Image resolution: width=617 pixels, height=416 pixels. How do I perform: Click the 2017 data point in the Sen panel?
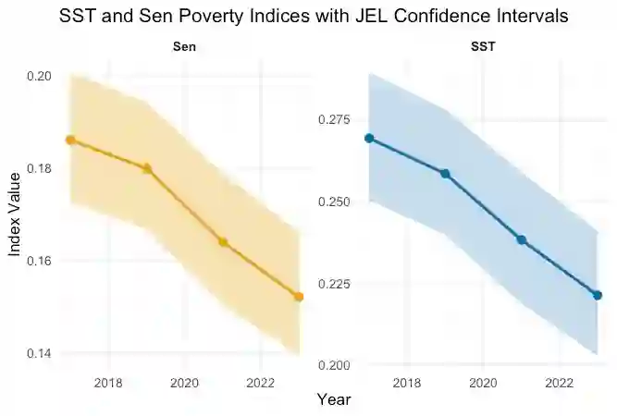click(x=70, y=140)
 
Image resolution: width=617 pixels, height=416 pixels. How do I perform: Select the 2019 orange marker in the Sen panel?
click(x=147, y=168)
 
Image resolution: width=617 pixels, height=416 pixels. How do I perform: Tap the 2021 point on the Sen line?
click(x=223, y=242)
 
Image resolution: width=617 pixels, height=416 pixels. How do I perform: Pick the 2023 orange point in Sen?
click(x=299, y=297)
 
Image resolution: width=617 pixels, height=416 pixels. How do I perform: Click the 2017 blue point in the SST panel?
click(x=369, y=138)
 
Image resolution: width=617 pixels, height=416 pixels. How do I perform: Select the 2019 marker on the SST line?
click(x=445, y=174)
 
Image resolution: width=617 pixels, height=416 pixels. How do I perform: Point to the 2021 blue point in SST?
click(x=521, y=239)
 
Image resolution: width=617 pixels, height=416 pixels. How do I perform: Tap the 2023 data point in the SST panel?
click(x=598, y=295)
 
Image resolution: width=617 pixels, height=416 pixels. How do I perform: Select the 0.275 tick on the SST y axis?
click(x=334, y=120)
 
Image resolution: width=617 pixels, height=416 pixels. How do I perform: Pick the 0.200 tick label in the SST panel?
click(x=334, y=365)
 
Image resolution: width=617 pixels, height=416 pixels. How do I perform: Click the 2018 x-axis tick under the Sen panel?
click(x=109, y=382)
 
